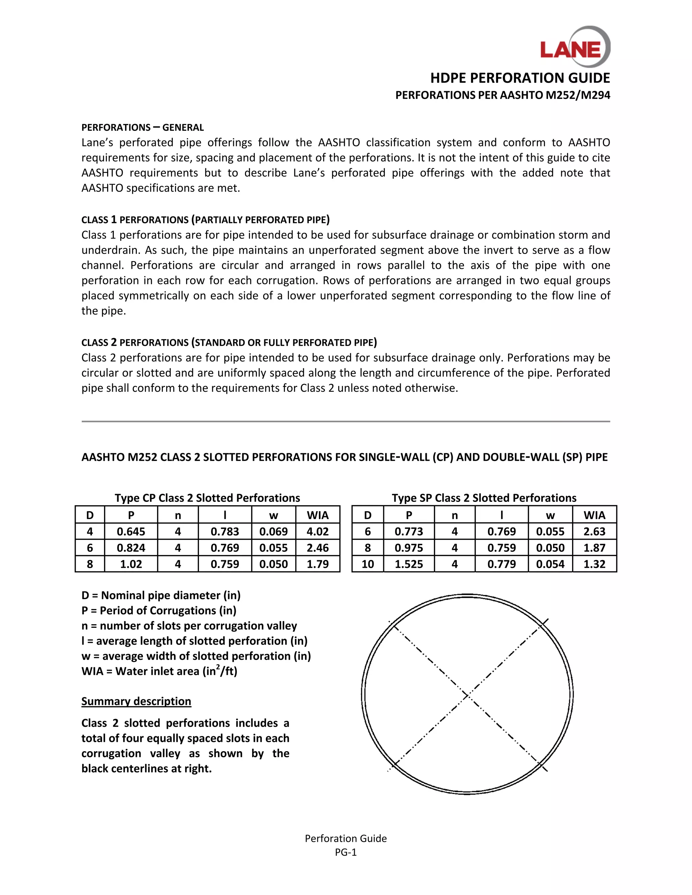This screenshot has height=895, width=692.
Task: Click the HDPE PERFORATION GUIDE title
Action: [520, 78]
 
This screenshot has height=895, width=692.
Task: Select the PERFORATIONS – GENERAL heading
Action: [142, 127]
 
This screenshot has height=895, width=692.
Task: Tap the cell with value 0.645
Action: [131, 532]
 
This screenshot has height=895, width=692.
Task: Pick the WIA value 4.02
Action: [317, 532]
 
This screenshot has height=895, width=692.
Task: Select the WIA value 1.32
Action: [594, 564]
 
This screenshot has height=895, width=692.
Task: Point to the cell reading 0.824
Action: [131, 548]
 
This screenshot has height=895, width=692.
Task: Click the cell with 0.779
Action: [501, 564]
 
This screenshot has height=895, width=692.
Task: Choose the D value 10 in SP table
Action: [367, 564]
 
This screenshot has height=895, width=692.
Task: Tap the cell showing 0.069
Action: [273, 532]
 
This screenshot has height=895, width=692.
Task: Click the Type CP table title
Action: [207, 498]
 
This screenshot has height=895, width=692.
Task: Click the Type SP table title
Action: [484, 498]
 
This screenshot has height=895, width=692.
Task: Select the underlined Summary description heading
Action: [136, 701]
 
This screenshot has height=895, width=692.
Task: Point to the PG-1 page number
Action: [346, 852]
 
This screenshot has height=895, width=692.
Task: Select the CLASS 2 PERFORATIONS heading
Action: [229, 342]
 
